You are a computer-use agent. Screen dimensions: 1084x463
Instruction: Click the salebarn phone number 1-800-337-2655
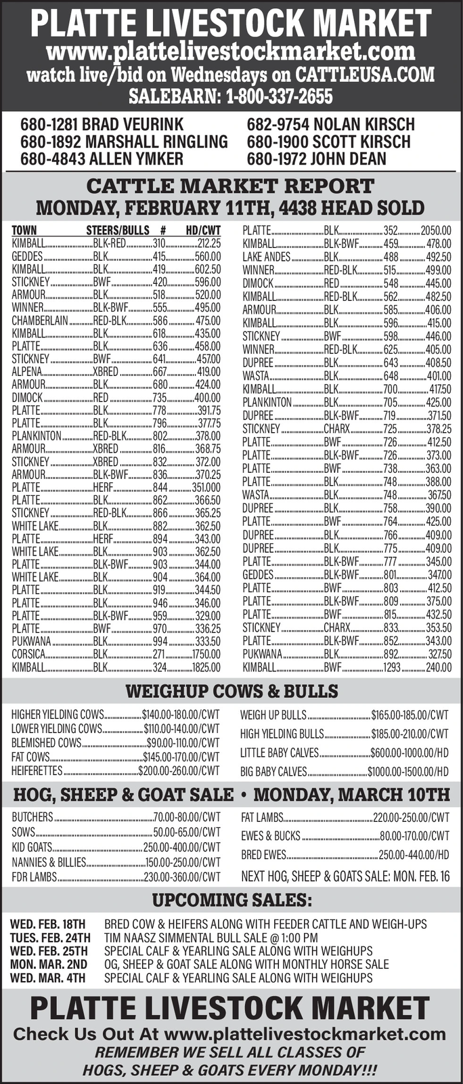[278, 96]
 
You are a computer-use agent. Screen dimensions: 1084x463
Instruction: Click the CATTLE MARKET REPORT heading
[231, 186]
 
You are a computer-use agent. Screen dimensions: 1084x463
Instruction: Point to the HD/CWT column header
[203, 230]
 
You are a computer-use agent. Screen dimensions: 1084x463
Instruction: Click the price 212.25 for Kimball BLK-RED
[208, 243]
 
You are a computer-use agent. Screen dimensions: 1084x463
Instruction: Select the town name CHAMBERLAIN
[39, 320]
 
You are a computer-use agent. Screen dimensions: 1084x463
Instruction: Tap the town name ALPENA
[26, 372]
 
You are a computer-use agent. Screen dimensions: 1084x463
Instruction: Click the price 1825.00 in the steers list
[206, 667]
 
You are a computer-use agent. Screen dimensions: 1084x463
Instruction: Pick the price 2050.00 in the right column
[435, 230]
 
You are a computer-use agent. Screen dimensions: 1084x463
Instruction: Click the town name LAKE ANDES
[266, 257]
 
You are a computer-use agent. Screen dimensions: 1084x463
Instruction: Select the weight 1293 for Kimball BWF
[392, 667]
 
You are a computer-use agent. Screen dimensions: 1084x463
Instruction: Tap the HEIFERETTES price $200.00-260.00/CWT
[179, 770]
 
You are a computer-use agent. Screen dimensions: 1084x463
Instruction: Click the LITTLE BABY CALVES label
[279, 753]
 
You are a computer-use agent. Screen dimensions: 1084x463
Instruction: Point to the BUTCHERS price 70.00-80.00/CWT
[187, 817]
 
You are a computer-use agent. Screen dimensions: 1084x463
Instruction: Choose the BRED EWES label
[263, 855]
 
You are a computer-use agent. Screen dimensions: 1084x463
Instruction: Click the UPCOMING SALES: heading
[231, 900]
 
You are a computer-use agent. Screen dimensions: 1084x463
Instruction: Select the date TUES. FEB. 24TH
[49, 938]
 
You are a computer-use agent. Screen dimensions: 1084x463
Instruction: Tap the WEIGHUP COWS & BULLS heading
[231, 691]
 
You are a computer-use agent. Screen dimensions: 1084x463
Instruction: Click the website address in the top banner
[231, 51]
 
